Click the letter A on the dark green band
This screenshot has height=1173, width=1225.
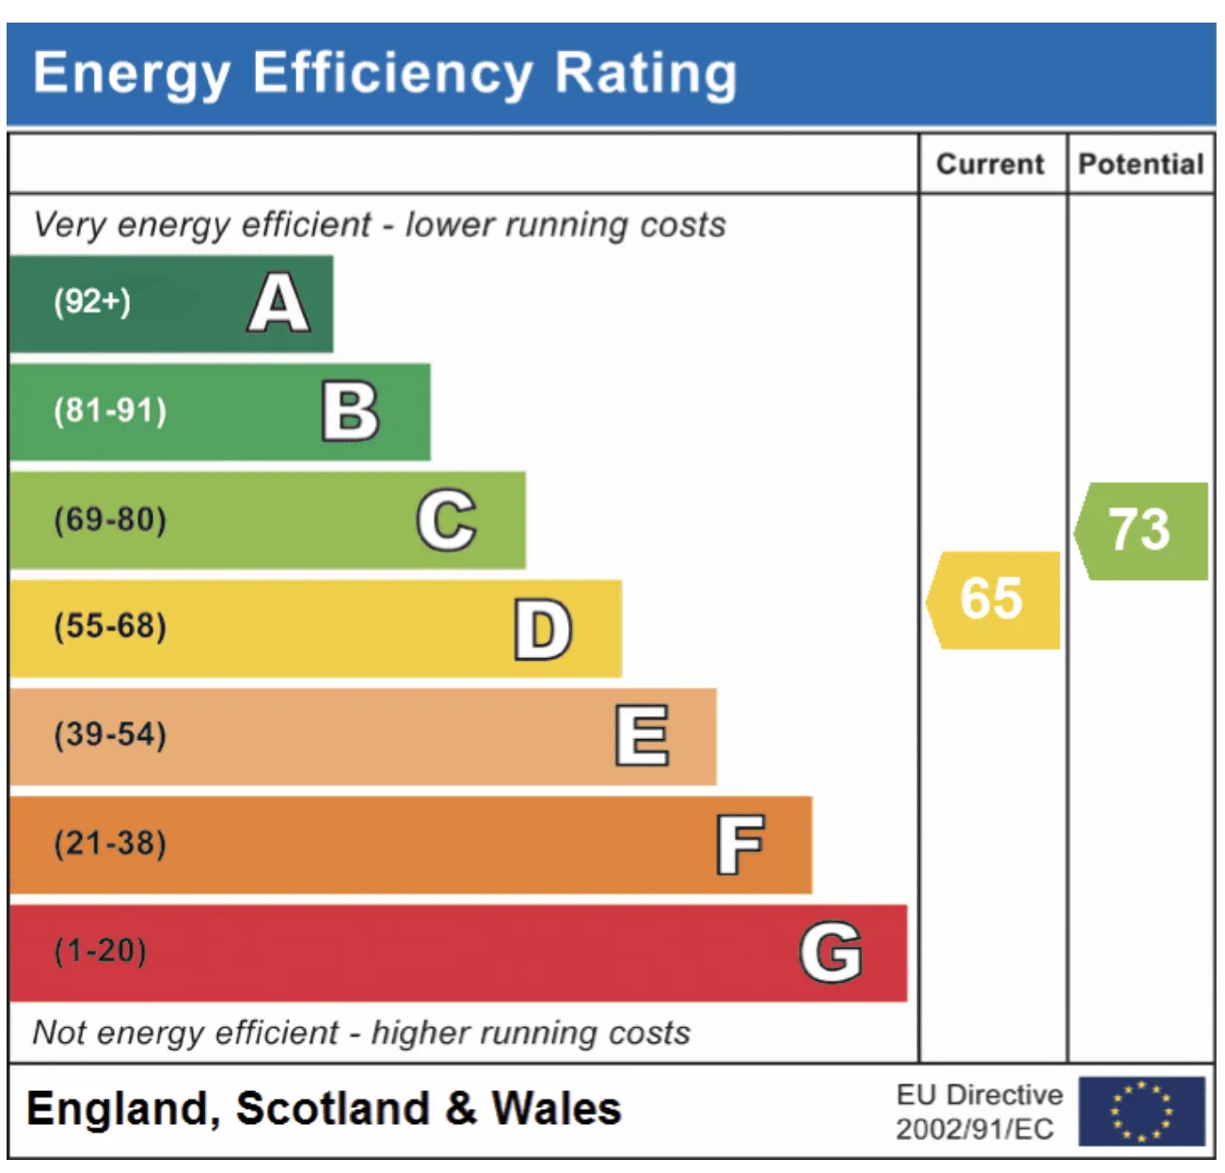coord(278,302)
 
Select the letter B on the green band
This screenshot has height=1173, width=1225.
coord(350,410)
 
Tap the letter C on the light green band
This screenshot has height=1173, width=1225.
coord(446,520)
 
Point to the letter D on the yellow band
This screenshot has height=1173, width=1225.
coord(543,629)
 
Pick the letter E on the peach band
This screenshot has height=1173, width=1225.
coord(642,734)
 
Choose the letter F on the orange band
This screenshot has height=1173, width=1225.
coord(740,844)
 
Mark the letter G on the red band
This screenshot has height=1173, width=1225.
coord(830,951)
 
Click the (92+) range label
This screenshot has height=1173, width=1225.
coord(92,301)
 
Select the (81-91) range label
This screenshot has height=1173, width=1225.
coord(110,410)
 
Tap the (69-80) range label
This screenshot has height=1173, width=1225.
coord(110,519)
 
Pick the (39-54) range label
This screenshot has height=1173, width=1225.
coord(110,734)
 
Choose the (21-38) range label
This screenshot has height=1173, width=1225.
coord(110,843)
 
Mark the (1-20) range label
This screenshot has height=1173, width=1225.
coord(100,950)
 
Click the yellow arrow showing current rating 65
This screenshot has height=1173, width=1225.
coord(993,600)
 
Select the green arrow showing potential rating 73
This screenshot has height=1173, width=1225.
coord(1140,531)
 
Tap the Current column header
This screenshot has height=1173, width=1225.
coord(990,165)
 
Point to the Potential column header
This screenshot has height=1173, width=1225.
coord(1140,165)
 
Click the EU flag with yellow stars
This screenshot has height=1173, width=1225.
coord(1141,1111)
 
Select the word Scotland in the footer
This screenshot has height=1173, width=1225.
coord(332,1108)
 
